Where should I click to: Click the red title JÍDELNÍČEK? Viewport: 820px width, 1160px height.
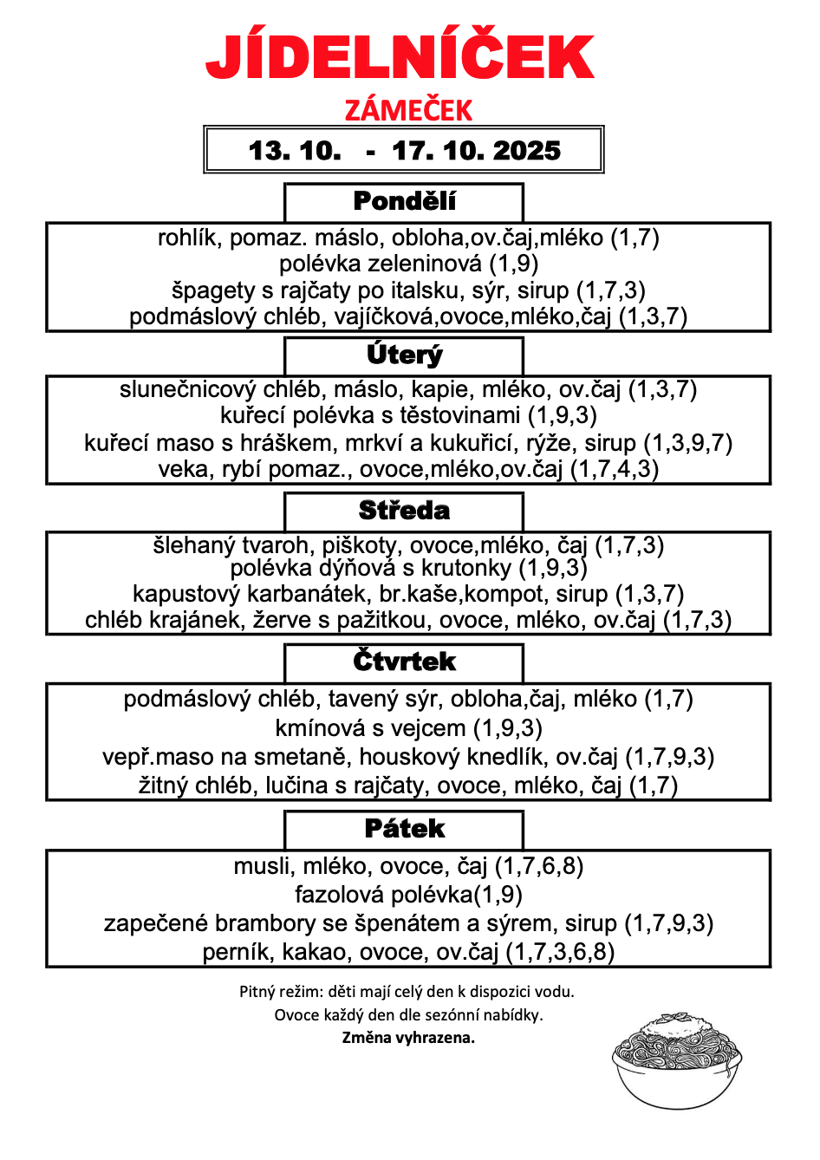click(x=400, y=57)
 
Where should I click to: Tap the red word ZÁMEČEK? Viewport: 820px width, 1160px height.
click(x=408, y=110)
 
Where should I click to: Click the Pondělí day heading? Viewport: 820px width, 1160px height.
click(x=404, y=201)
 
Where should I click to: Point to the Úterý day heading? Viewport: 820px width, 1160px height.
click(x=404, y=355)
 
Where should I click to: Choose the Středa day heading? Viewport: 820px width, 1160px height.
click(x=404, y=510)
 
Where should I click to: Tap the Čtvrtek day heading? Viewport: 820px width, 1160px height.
click(x=404, y=661)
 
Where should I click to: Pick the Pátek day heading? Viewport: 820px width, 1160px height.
click(x=404, y=829)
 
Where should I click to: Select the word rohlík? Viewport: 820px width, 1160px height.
click(x=185, y=238)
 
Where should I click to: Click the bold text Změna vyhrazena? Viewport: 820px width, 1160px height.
click(x=408, y=1038)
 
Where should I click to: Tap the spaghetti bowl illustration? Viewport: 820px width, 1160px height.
click(x=677, y=1059)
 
